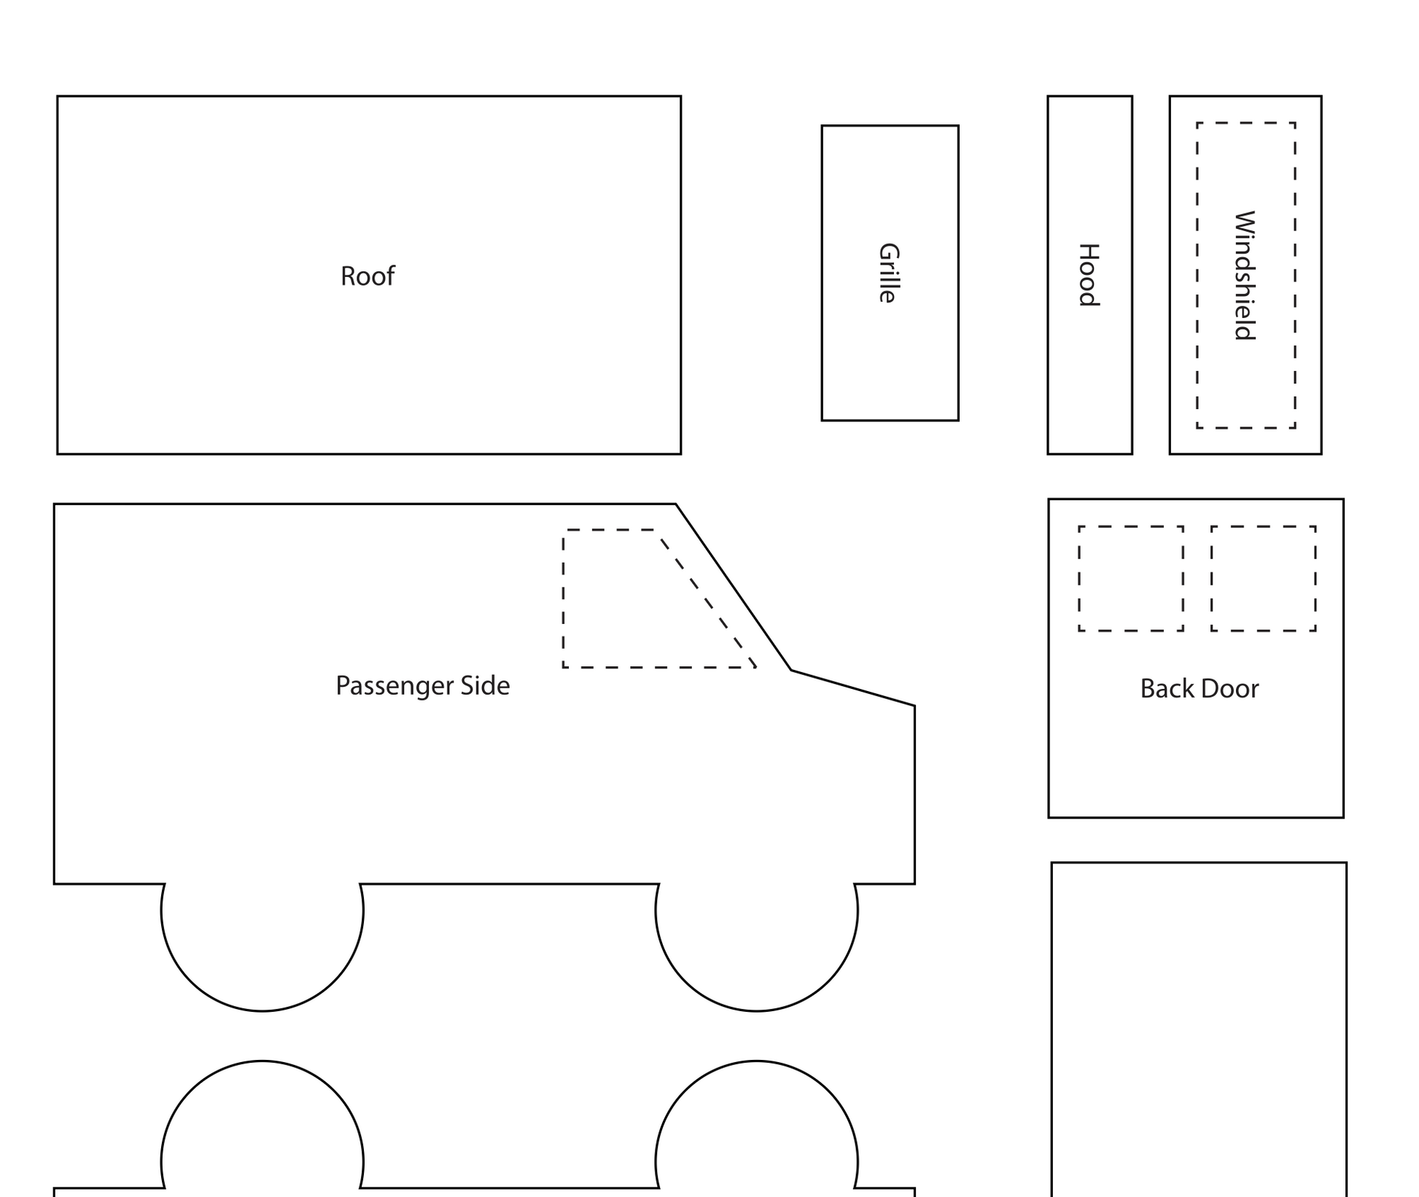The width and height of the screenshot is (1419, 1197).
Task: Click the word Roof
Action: coord(368,276)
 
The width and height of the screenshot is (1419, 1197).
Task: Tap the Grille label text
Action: coord(888,273)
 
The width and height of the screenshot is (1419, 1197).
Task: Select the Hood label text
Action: coord(1088,275)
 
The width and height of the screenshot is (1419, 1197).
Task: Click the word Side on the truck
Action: coord(485,685)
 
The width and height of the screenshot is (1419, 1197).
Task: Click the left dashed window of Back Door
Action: coord(1079,579)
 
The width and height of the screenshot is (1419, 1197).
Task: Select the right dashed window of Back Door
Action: coord(1212,579)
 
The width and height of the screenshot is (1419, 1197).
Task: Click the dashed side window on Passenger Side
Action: coord(564,598)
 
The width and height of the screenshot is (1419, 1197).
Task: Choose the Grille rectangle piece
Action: coord(823,273)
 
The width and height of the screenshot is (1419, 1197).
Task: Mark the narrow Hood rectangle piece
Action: coord(1049,275)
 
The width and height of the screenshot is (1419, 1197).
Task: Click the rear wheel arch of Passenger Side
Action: coord(263,1011)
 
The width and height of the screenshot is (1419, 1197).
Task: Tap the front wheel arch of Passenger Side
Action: coord(757,1011)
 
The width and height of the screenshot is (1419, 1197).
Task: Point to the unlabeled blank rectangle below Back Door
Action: coord(1052,1029)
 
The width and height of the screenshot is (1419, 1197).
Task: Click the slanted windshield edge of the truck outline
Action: coord(734,587)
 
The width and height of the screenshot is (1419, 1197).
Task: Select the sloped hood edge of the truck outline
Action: coord(853,687)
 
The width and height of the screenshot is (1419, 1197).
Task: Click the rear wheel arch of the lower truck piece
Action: coord(263,1061)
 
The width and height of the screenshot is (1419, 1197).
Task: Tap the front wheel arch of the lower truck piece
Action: coord(757,1061)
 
